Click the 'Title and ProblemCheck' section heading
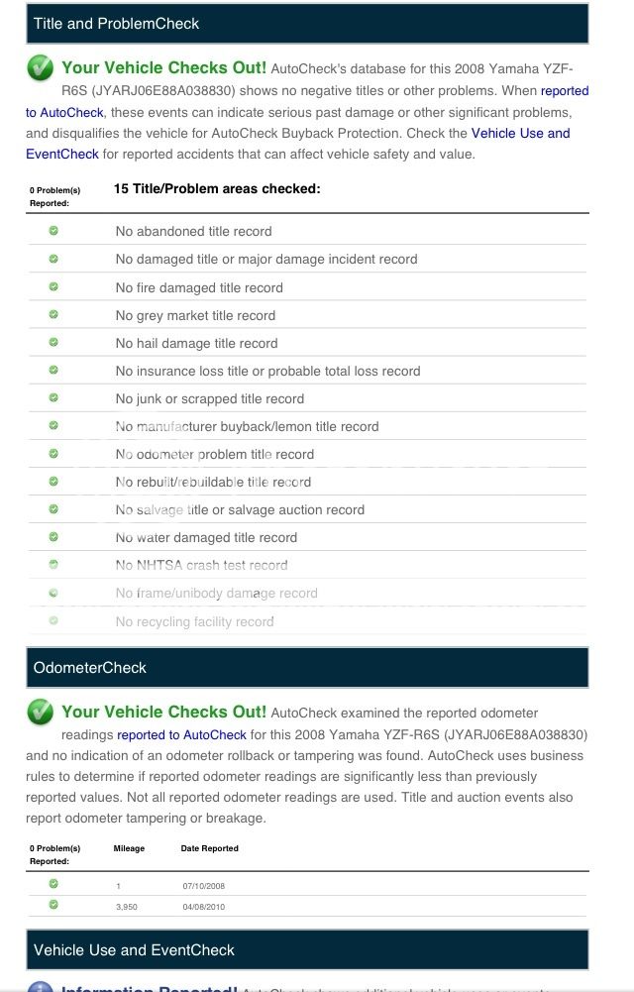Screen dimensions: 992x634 (x=116, y=23)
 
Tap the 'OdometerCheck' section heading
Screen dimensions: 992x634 (x=90, y=668)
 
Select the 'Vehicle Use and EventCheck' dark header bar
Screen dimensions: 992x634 (x=134, y=949)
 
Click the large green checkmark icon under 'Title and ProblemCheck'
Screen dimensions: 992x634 (x=41, y=68)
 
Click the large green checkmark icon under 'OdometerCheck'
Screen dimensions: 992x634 (x=41, y=713)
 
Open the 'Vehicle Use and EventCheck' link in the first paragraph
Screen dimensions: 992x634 (x=520, y=133)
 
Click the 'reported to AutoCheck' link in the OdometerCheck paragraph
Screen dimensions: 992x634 (x=181, y=734)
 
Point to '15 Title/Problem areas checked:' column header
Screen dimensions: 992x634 (x=217, y=188)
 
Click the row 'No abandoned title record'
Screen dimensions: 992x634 (x=193, y=231)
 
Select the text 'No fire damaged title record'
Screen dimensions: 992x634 (x=199, y=287)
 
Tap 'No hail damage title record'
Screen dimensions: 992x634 (x=196, y=343)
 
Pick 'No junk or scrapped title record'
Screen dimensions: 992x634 (x=209, y=398)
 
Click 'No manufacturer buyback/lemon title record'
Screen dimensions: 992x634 (x=247, y=426)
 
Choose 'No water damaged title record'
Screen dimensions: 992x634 (x=206, y=537)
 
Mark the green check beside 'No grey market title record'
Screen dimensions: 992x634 (x=53, y=314)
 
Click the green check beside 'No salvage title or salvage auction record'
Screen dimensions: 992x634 (x=53, y=508)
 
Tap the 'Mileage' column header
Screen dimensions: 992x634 (x=129, y=848)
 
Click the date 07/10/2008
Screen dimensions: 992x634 (x=204, y=885)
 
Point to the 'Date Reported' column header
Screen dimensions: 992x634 (x=209, y=848)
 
